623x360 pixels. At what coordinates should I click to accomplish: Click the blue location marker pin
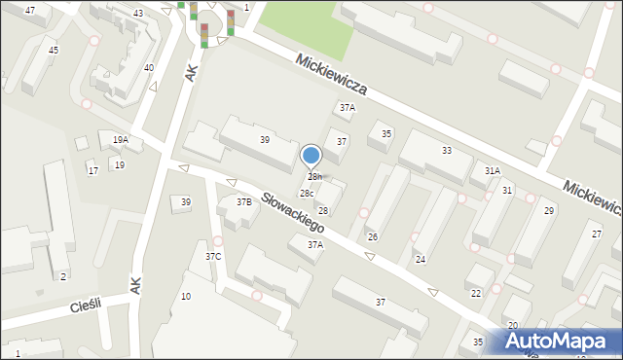pos(311,156)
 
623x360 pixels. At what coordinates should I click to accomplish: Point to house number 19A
pos(120,140)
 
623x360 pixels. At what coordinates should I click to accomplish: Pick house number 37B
pos(243,201)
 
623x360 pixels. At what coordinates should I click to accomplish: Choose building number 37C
pos(213,256)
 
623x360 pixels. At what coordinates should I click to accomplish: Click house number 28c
pos(306,194)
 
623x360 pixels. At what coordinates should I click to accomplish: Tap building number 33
pos(446,151)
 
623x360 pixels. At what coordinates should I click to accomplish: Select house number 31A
pos(493,171)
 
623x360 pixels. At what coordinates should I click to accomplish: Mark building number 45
pos(54,50)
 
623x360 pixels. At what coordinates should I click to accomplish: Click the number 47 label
pos(30,10)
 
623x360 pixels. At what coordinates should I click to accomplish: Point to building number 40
pos(148,68)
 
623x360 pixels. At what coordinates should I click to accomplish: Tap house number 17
pos(92,171)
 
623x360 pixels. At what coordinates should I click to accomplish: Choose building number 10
pos(185,296)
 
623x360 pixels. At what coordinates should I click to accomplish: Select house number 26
pos(372,237)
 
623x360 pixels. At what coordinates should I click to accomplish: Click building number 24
pos(420,260)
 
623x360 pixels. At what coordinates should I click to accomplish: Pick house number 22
pos(476,293)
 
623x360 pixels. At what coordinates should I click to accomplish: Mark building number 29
pos(549,211)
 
